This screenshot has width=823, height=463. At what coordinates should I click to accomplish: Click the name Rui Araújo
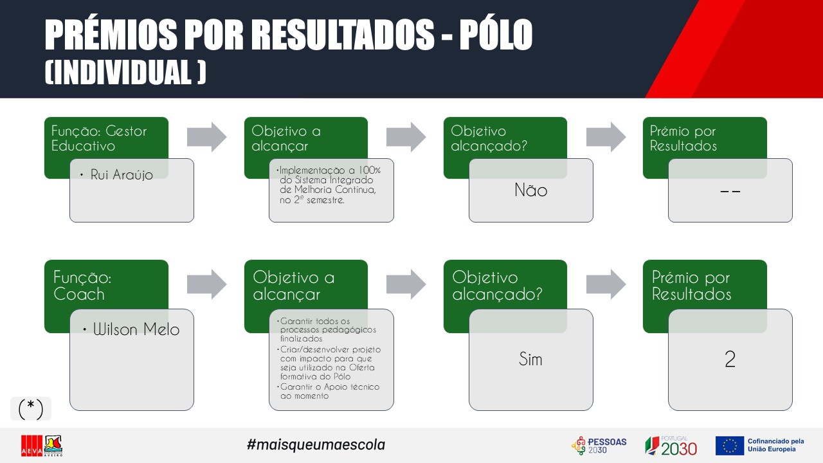(122, 175)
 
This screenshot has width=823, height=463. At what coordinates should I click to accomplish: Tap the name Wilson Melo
(136, 329)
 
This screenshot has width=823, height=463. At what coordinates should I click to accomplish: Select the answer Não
(531, 190)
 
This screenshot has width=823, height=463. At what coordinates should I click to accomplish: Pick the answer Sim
(530, 359)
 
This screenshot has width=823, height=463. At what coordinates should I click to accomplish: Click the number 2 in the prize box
(730, 359)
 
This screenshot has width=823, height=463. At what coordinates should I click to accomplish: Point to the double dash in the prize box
(730, 191)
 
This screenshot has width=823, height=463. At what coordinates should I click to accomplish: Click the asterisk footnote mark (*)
(31, 408)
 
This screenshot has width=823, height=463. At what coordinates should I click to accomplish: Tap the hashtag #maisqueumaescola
(316, 444)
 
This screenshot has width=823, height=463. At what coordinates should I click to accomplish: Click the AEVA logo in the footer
(42, 446)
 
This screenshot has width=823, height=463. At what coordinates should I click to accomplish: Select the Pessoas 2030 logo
(599, 446)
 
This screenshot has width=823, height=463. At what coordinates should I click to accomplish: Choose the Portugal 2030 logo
(671, 446)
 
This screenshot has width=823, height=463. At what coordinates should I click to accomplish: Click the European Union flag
(729, 446)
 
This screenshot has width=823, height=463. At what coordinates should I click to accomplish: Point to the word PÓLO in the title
(496, 34)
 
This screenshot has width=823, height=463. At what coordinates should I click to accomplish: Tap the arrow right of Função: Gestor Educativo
(207, 137)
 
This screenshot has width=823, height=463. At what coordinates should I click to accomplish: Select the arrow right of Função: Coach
(207, 284)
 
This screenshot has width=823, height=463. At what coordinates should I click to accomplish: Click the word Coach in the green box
(79, 294)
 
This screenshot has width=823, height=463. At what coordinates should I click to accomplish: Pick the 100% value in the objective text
(370, 170)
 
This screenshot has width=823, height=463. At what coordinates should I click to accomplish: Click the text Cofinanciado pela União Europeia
(775, 445)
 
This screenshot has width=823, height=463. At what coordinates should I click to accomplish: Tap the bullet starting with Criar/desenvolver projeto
(329, 363)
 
